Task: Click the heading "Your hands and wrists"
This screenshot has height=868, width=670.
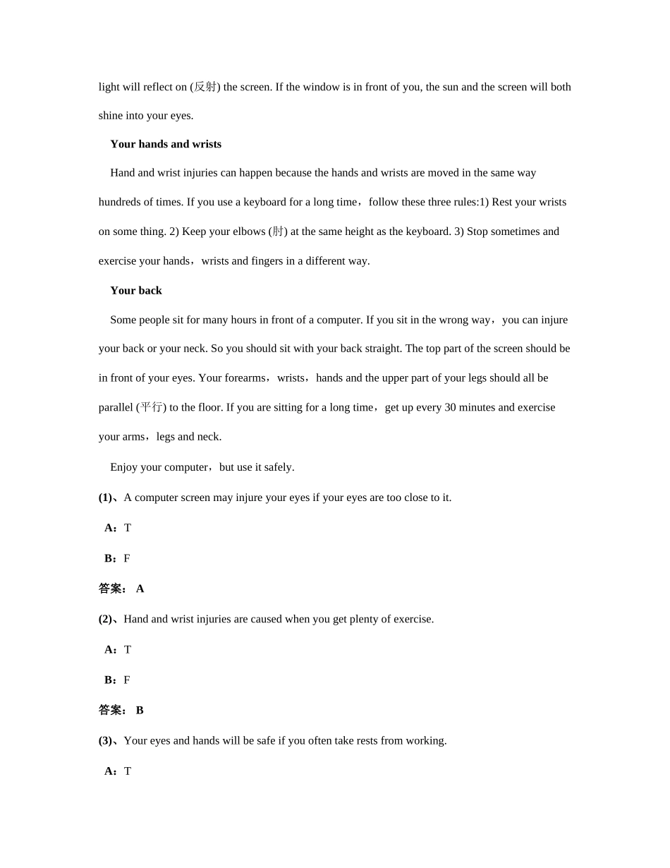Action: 166,144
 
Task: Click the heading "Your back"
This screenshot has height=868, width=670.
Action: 136,291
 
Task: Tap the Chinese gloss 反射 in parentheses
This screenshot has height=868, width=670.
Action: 205,87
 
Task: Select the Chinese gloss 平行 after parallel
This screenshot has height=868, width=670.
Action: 152,407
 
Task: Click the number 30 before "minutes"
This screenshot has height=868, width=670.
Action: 450,407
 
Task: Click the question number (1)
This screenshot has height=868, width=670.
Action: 105,498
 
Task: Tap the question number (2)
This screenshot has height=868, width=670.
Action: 105,619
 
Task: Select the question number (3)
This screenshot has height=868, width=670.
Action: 105,740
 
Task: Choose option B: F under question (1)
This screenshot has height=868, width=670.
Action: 118,558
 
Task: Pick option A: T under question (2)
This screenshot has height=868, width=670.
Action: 118,649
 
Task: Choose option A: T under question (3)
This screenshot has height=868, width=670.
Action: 118,771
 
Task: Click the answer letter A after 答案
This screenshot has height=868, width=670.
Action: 140,589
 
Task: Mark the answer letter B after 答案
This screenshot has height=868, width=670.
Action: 140,710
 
